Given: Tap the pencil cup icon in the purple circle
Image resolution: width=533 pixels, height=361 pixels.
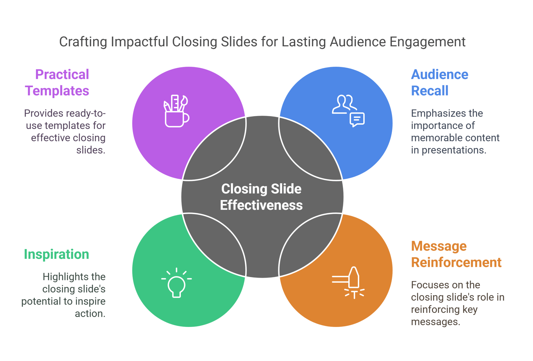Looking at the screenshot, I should [x=176, y=111].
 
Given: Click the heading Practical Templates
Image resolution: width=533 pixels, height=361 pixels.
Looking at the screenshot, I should [x=57, y=82].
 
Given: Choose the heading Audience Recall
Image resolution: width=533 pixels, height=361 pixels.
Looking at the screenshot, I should [x=439, y=82].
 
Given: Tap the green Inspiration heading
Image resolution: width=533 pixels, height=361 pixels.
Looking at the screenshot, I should [x=56, y=254].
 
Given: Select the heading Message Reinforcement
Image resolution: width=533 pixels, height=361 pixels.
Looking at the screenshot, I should [x=456, y=254].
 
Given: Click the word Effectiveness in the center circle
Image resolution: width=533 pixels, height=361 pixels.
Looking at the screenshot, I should [x=261, y=205].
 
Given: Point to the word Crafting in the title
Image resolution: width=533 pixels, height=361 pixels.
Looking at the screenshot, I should [x=83, y=42].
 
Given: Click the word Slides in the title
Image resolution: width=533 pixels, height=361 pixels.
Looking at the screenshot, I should [x=239, y=42].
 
